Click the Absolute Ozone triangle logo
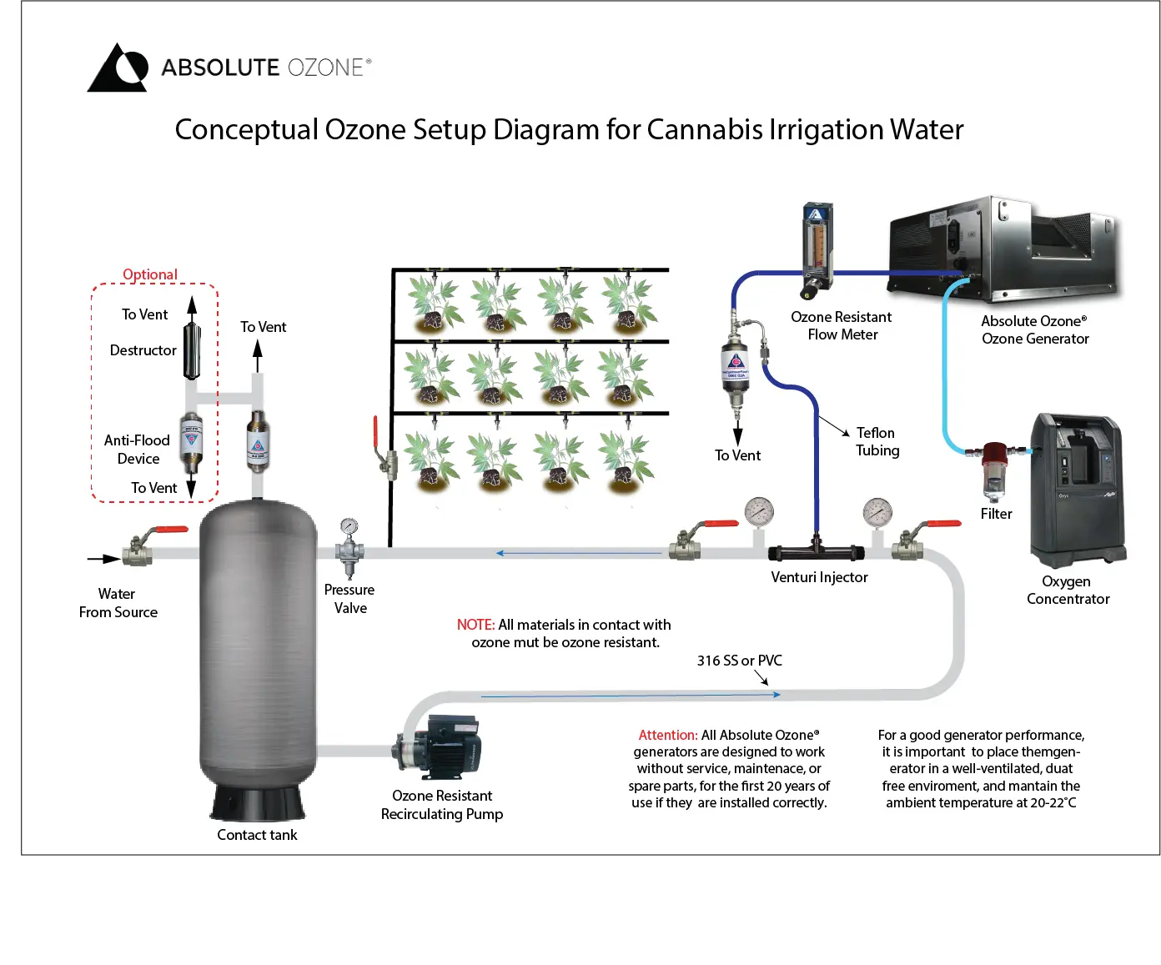tap(118, 68)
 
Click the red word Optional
tap(150, 274)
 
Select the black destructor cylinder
tap(192, 351)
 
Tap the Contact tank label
tap(257, 835)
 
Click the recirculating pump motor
tap(447, 746)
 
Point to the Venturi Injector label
tap(819, 577)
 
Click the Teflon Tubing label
tap(877, 441)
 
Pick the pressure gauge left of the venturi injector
tap(759, 512)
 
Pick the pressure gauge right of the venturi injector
tap(877, 512)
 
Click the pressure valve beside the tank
tap(349, 547)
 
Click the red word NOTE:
tap(475, 625)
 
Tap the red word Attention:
tap(667, 735)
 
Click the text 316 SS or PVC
tap(739, 661)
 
